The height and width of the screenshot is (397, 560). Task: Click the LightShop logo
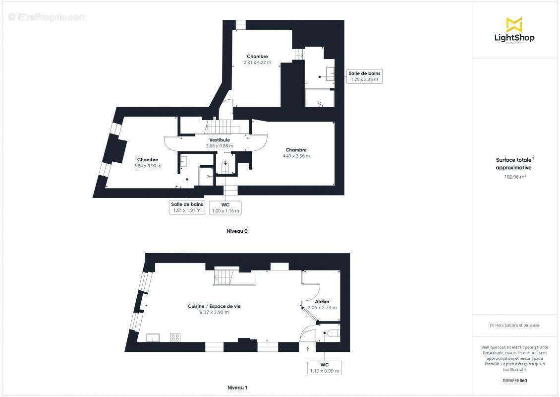point(514,31)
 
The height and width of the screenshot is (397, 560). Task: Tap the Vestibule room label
point(219,140)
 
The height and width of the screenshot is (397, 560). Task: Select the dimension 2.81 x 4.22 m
point(257,63)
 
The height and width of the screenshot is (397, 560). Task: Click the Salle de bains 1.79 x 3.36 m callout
point(364,76)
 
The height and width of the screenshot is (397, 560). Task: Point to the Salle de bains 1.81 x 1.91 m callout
point(187,207)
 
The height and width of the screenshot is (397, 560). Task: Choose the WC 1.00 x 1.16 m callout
point(225,207)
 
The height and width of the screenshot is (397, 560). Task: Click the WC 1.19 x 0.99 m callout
point(325,368)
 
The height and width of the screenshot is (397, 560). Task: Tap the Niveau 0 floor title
point(237,231)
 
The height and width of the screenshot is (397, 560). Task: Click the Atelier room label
point(322,301)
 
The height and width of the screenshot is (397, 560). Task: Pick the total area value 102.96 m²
point(514,176)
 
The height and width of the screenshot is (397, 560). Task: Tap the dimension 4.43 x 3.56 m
point(296,156)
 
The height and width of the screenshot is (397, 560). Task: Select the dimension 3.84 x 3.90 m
point(148,166)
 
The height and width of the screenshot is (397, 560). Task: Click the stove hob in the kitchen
point(175,337)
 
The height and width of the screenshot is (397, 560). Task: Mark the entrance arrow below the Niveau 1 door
point(307,349)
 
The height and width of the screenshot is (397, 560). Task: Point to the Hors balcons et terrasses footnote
point(514,326)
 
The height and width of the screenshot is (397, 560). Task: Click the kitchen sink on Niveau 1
point(153,338)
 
